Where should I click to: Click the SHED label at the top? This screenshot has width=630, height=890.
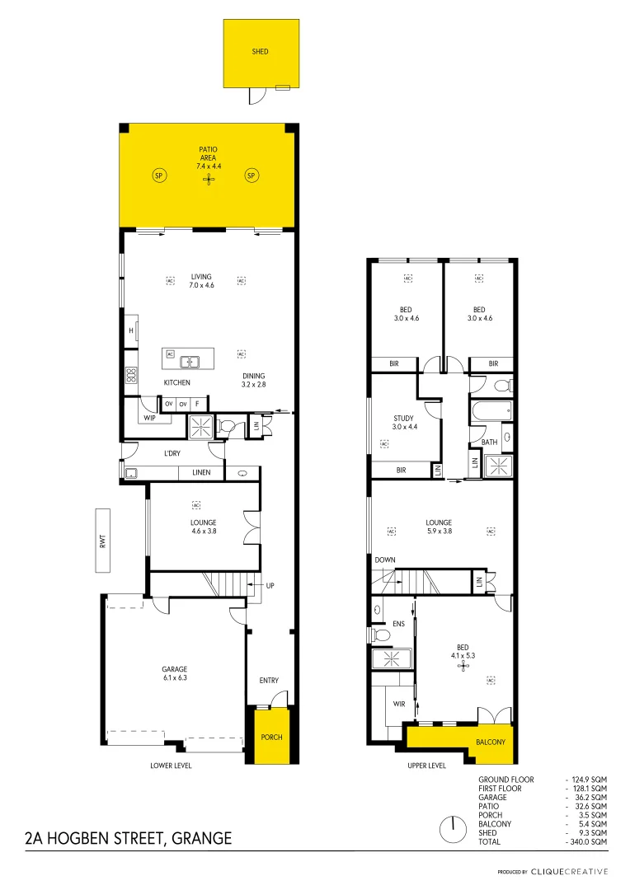(x=260, y=51)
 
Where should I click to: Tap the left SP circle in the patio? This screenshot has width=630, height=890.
(x=159, y=175)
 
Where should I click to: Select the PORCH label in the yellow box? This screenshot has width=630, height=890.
(x=271, y=737)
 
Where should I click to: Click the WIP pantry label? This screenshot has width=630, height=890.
(x=149, y=418)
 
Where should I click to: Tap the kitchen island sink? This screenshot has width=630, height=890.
(x=191, y=360)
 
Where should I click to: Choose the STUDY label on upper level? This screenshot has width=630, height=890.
(x=403, y=423)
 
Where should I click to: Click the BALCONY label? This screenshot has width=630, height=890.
(x=490, y=742)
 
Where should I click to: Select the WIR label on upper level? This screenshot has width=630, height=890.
(x=399, y=704)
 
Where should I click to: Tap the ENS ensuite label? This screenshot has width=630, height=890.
(x=399, y=623)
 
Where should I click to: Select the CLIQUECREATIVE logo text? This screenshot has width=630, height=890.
(x=569, y=871)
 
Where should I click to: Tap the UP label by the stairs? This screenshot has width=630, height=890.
(x=270, y=585)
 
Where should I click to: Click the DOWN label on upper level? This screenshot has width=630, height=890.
(x=385, y=560)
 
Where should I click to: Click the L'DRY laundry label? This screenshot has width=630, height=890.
(x=172, y=453)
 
